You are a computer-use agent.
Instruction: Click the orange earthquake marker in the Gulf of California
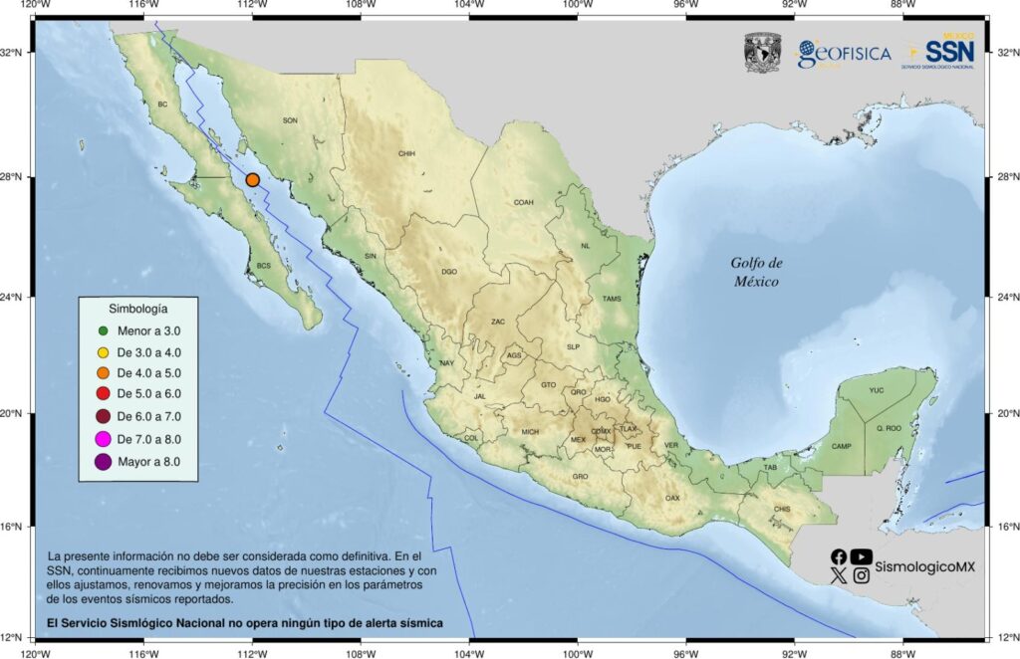click(x=253, y=180)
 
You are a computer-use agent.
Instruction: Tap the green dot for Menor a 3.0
click(x=103, y=329)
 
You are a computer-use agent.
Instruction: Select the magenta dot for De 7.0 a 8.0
click(x=103, y=439)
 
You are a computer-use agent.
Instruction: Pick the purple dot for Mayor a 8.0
click(x=103, y=461)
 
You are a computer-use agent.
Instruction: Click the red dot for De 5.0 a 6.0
click(x=103, y=395)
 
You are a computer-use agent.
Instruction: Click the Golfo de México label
click(x=757, y=272)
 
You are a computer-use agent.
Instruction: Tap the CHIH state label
click(x=406, y=154)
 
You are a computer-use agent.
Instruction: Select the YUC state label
click(x=877, y=390)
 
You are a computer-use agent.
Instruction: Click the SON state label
click(x=290, y=120)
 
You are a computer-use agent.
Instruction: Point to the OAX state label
click(x=672, y=498)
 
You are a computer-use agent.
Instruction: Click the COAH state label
click(x=523, y=202)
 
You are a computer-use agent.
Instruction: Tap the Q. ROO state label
click(x=888, y=428)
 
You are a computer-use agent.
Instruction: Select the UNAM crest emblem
click(x=762, y=54)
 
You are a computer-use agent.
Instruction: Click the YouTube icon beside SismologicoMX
click(x=862, y=557)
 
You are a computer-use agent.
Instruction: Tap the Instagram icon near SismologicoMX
click(x=862, y=575)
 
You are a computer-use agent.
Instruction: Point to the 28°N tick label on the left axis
click(x=17, y=177)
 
